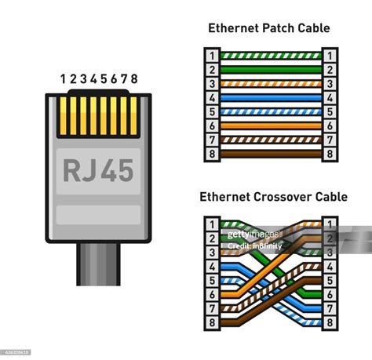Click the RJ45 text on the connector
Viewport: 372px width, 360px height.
98,170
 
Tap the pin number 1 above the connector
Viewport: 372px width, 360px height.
64,79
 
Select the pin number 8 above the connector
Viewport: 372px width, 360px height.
134,79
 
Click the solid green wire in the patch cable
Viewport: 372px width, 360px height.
271,69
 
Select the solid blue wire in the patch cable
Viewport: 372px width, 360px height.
271,98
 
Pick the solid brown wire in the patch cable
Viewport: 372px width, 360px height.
271,154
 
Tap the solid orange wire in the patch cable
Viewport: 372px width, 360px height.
271,125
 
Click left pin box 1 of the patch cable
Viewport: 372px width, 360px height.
211,56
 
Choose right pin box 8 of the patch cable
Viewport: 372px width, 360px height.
330,154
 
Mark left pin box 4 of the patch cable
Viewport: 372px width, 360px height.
211,98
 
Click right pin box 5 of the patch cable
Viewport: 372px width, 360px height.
330,111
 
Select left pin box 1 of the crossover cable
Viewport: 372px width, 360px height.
211,223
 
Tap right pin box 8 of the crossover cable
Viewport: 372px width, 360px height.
330,322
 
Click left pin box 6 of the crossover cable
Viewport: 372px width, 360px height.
211,293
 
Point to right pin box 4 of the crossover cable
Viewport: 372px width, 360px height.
330,265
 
